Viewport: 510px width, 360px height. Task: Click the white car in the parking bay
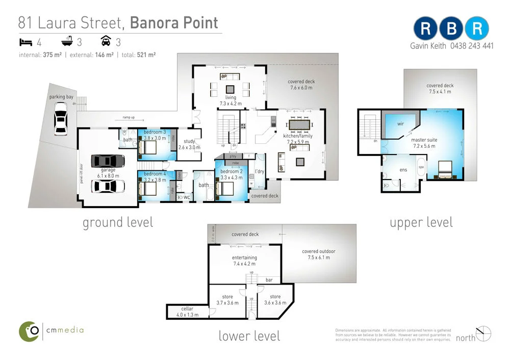point(61,119)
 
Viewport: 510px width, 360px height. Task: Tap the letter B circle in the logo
point(451,29)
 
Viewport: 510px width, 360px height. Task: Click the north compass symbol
point(484,334)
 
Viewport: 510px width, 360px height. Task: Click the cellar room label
point(187,309)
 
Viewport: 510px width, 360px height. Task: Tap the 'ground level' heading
point(118,222)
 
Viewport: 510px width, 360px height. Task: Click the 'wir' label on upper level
point(401,123)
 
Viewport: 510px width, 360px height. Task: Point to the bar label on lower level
point(269,280)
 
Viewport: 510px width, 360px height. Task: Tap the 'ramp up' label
point(129,118)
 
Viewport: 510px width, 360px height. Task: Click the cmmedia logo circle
point(30,331)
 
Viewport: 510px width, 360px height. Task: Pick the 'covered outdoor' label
point(319,251)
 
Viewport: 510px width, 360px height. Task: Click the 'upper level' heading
point(421,222)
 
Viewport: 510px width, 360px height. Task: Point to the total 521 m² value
point(146,55)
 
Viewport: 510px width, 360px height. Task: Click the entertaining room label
point(244,258)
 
